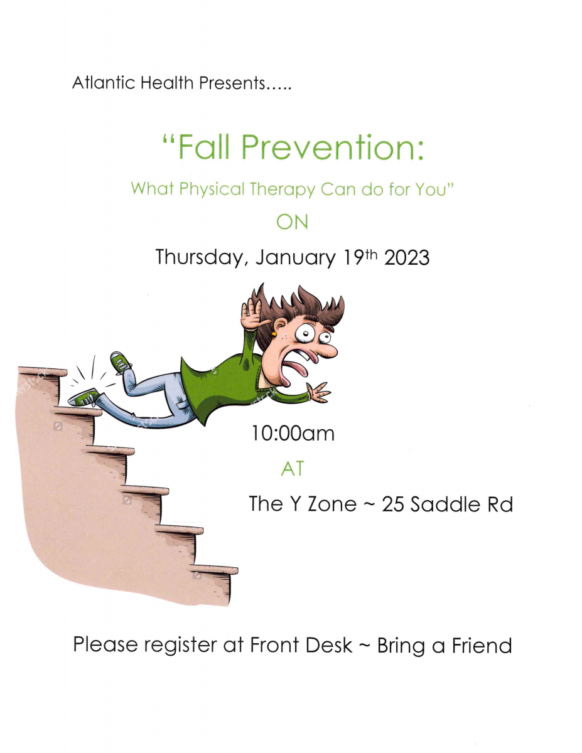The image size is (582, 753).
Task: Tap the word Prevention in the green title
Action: (333, 147)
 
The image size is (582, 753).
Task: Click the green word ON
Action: (292, 222)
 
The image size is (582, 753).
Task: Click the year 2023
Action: (407, 258)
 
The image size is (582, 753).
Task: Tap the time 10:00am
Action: (293, 434)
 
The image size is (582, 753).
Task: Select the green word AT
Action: (293, 469)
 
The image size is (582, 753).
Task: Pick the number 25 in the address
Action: (393, 505)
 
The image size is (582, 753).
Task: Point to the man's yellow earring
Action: (274, 334)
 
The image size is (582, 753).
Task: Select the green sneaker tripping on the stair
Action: (84, 397)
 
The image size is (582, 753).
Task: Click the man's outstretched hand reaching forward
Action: (318, 392)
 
